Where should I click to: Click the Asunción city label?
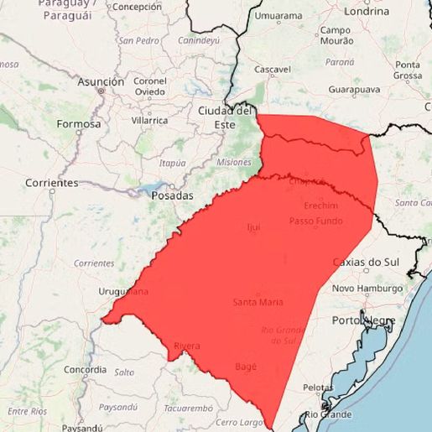click(x=101, y=82)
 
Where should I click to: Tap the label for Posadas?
click(x=172, y=195)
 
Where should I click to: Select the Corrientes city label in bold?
click(x=51, y=183)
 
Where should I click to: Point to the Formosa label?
click(x=78, y=124)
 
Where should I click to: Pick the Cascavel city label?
click(x=273, y=69)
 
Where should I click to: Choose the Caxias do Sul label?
click(x=367, y=262)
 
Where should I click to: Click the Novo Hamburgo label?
click(x=367, y=289)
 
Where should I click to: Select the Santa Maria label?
click(x=258, y=302)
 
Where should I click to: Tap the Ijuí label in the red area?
click(x=253, y=227)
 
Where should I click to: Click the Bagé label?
click(x=246, y=367)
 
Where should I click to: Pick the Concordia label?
click(x=85, y=369)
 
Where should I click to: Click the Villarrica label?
click(x=150, y=120)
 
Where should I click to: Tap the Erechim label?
click(x=320, y=206)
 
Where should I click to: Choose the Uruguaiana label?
click(x=122, y=292)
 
